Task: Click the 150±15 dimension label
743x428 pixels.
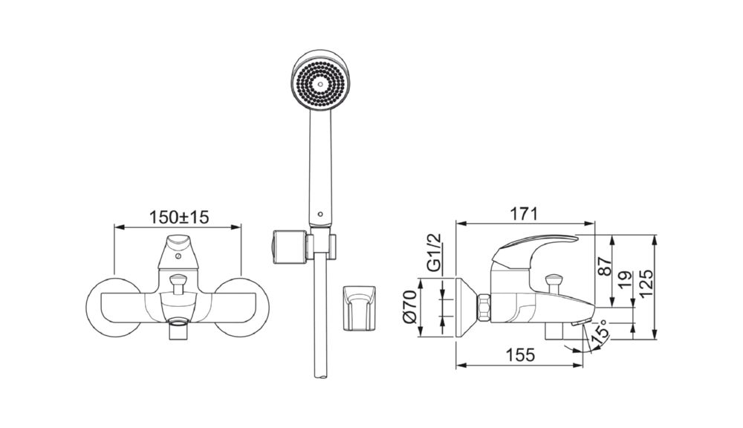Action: pyautogui.click(x=179, y=218)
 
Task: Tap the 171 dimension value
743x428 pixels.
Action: pyautogui.click(x=524, y=214)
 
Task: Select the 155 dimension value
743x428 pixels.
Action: pyautogui.click(x=520, y=354)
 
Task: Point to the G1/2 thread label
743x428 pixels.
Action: pyautogui.click(x=434, y=253)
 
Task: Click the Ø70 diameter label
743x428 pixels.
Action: pyautogui.click(x=409, y=307)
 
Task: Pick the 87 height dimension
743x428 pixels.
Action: pyautogui.click(x=603, y=267)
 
